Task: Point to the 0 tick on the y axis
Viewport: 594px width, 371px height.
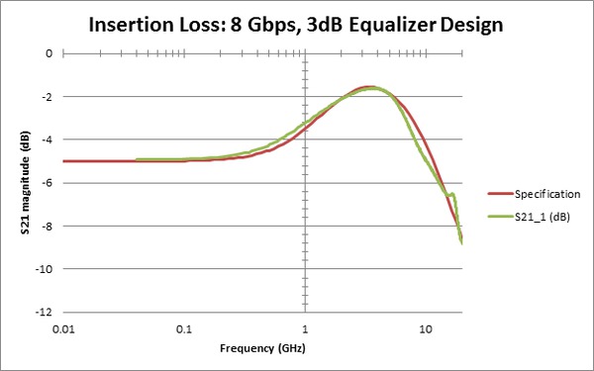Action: click(x=47, y=53)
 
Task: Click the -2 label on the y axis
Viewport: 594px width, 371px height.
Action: click(x=45, y=97)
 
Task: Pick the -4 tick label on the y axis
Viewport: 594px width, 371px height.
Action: click(x=45, y=139)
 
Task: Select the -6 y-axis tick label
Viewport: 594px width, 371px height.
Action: click(x=45, y=183)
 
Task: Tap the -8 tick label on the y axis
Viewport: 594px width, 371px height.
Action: click(x=45, y=226)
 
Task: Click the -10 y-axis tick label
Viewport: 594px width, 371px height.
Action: click(x=43, y=269)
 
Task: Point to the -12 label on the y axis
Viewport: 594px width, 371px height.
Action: click(x=43, y=312)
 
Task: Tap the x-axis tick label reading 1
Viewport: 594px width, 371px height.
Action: click(x=305, y=328)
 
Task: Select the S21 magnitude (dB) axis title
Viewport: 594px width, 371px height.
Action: click(x=16, y=183)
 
